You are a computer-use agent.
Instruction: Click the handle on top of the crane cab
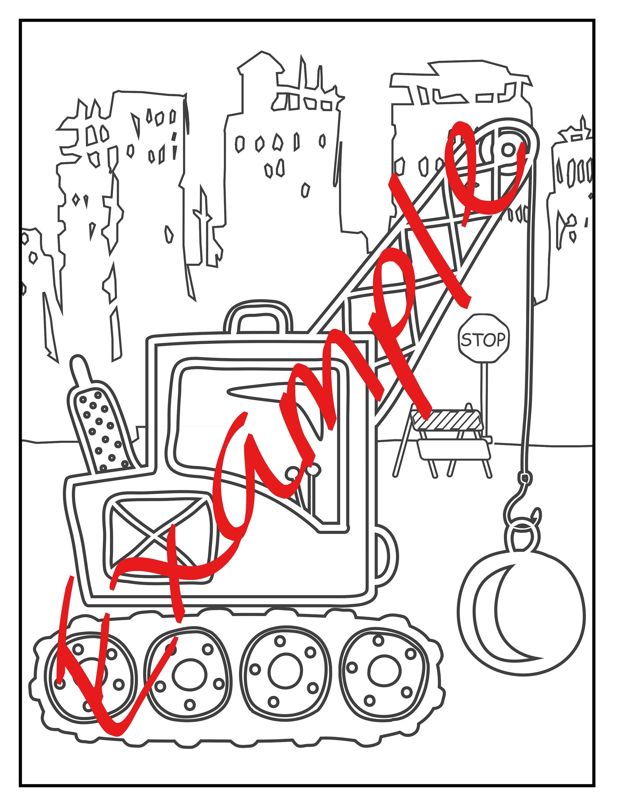tap(258, 317)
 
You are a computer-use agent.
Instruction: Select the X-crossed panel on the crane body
tap(155, 539)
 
